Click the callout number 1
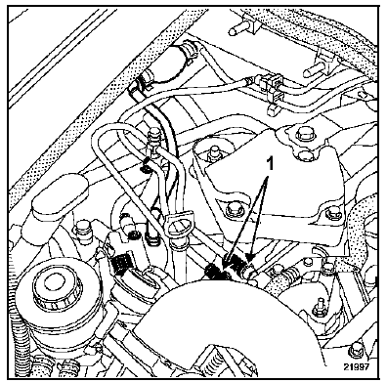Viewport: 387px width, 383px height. coord(269,163)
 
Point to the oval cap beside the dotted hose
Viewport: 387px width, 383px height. coord(61,196)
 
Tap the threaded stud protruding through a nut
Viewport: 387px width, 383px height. coord(319,308)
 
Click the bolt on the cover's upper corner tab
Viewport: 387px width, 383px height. coord(302,135)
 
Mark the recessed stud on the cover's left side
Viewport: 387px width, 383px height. coord(214,153)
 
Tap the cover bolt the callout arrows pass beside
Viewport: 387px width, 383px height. coord(234,210)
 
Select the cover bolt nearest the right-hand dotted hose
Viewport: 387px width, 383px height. coord(333,214)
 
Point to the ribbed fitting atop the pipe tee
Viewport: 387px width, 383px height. coord(153,138)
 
